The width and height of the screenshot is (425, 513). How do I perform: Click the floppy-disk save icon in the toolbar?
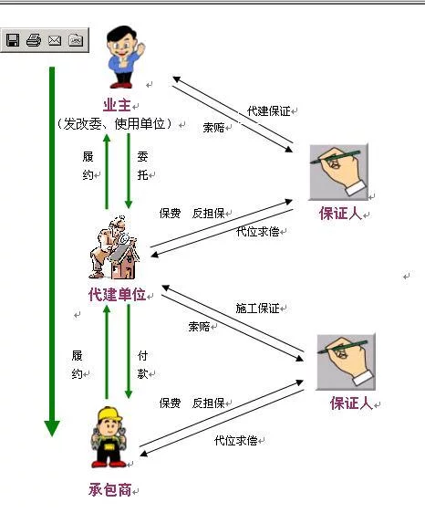[x=13, y=40]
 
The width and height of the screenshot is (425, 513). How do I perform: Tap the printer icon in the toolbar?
[x=34, y=40]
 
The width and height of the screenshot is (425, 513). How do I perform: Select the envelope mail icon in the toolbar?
[x=55, y=40]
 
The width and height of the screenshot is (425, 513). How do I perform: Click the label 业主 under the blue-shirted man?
[x=117, y=105]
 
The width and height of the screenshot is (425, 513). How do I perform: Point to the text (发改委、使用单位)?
[x=114, y=123]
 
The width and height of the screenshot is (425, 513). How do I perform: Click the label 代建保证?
[x=269, y=111]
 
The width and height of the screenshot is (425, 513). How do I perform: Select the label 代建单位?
[x=117, y=295]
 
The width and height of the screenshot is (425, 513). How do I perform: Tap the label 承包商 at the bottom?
[x=109, y=490]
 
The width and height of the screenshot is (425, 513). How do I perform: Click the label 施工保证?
[x=257, y=309]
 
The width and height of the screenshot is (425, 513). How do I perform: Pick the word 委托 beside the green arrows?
[x=142, y=166]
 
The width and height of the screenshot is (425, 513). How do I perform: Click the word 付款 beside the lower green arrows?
[x=143, y=364]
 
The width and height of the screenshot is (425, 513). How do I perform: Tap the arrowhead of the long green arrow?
[x=52, y=429]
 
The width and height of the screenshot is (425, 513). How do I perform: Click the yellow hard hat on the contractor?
[x=109, y=414]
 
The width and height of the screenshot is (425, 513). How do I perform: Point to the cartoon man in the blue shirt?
[x=125, y=58]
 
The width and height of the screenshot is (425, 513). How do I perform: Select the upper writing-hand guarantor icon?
[x=338, y=173]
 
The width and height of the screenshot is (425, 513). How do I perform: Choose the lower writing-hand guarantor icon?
[x=346, y=361]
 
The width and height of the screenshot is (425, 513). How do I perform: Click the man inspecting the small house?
[x=113, y=247]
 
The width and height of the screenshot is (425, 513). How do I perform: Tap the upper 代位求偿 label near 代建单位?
[x=257, y=232]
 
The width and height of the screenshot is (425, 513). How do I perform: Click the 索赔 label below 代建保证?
[x=213, y=128]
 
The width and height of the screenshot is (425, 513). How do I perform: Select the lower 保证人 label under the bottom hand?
[x=351, y=403]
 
